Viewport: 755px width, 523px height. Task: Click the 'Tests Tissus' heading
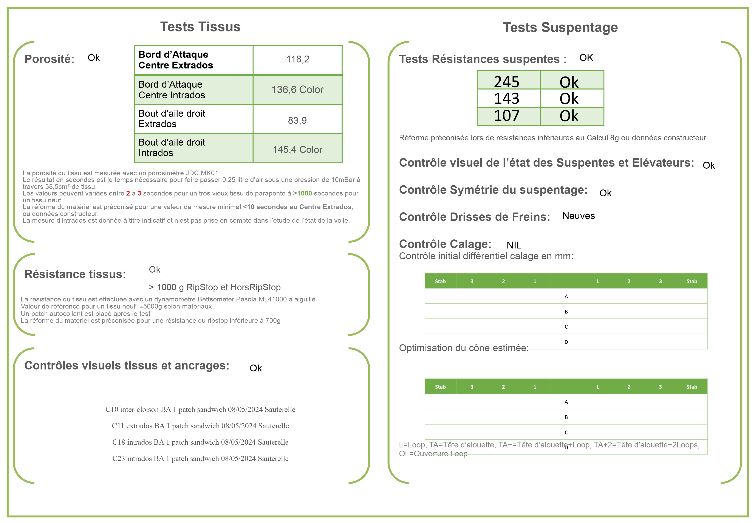coord(200,27)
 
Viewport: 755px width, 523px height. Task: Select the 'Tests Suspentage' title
coord(560,28)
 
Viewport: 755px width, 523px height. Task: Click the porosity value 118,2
coord(297,59)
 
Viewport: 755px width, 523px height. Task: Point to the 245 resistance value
coord(506,82)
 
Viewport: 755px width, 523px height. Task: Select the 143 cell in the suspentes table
coord(506,98)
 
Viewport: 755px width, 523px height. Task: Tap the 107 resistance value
coord(506,116)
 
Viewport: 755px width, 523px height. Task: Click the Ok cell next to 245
coord(569,82)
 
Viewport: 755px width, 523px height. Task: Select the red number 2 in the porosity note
coord(128,193)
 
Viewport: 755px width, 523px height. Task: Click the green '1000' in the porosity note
coord(304,193)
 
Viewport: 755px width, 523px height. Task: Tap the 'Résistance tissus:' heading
coord(75,274)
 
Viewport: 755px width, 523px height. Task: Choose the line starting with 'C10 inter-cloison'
coord(200,409)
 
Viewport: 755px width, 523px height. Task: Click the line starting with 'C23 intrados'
coord(200,458)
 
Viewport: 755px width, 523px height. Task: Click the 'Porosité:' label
coord(49,59)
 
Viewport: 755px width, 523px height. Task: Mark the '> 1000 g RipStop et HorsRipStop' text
coord(215,287)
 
